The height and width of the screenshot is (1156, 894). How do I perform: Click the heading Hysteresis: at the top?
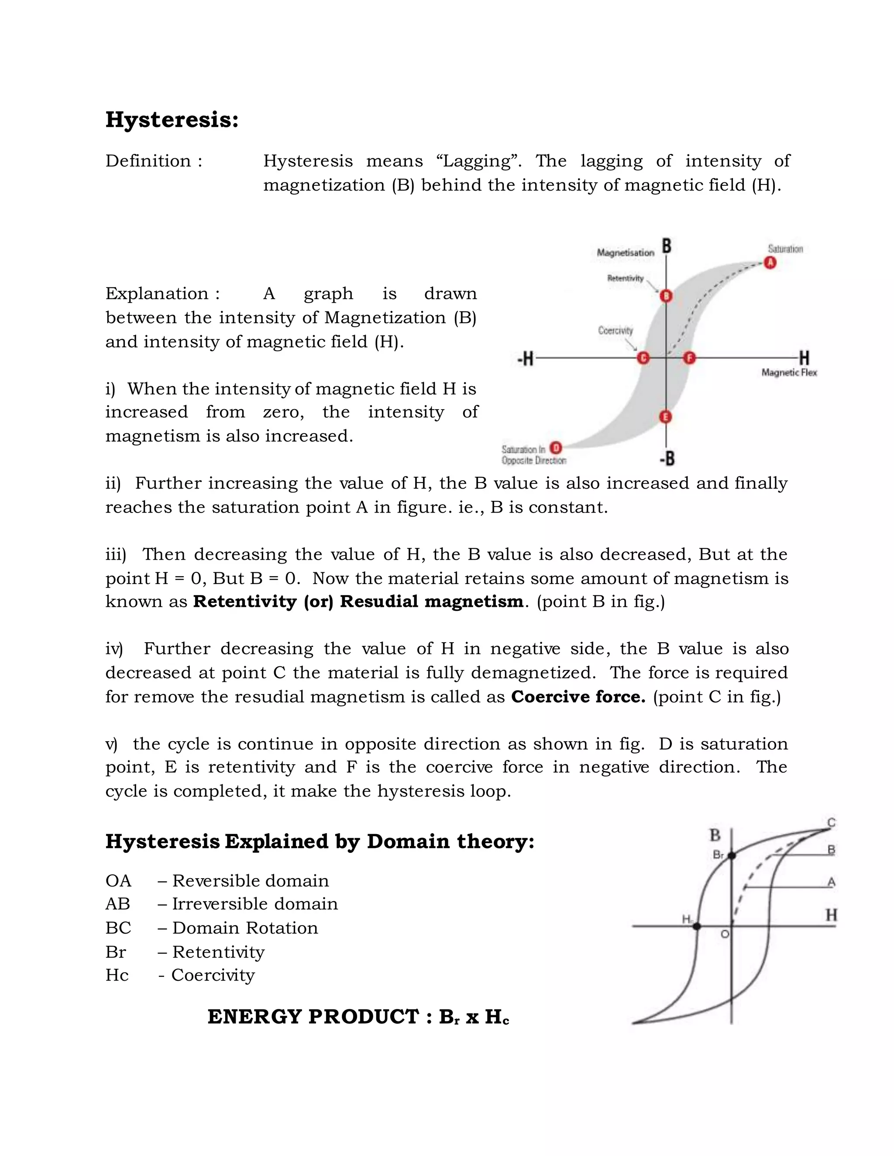[172, 120]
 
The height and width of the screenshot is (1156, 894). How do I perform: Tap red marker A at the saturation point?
[770, 263]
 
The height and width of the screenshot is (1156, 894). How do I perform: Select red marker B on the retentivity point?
[666, 296]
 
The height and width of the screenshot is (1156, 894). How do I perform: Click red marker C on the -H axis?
[643, 358]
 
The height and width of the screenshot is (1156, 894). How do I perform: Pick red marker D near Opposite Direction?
[556, 448]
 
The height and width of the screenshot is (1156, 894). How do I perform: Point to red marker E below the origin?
[666, 417]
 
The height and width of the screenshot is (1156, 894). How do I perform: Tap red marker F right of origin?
[689, 358]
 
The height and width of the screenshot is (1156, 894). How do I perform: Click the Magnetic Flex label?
[789, 373]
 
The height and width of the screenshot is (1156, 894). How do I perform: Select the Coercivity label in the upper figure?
[615, 330]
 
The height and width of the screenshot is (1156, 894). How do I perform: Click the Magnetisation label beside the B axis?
[626, 253]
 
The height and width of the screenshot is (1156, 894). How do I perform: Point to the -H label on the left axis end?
[526, 359]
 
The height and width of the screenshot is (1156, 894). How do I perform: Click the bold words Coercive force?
[578, 697]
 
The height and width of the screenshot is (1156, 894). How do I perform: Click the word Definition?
[148, 161]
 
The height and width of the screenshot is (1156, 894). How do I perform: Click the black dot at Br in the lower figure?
[732, 856]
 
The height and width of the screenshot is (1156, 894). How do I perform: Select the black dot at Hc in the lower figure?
[697, 926]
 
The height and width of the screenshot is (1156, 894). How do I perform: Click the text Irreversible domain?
[255, 903]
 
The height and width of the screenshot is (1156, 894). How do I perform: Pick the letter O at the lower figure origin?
[725, 935]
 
